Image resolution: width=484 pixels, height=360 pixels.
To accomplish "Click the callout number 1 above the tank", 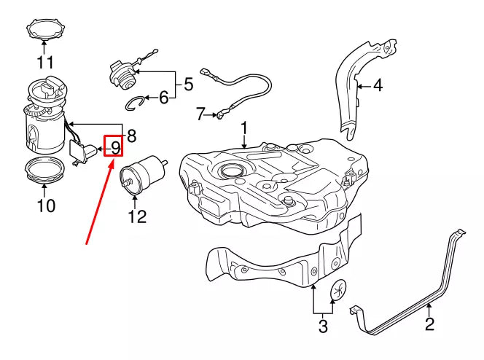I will coord(244,130).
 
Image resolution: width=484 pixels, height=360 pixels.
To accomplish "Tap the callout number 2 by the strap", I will coord(429,324).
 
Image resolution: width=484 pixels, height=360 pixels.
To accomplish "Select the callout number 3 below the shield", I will coord(323,326).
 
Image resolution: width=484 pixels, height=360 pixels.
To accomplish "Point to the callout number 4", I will coord(377,86).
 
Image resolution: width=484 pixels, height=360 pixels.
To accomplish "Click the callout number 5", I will coord(188,85).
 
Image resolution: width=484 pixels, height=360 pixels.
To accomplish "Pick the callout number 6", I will coord(164,97).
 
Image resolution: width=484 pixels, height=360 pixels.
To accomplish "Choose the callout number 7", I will coord(200,114).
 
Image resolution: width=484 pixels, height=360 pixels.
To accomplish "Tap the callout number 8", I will coord(131,136).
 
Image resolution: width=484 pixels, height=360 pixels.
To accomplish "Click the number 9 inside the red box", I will coord(115,148).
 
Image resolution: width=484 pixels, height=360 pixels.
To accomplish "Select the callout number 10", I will coord(45,206).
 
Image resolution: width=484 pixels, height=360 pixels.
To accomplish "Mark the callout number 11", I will coord(45,62).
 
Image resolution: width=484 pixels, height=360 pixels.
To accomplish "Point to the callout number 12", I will coord(137,216).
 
